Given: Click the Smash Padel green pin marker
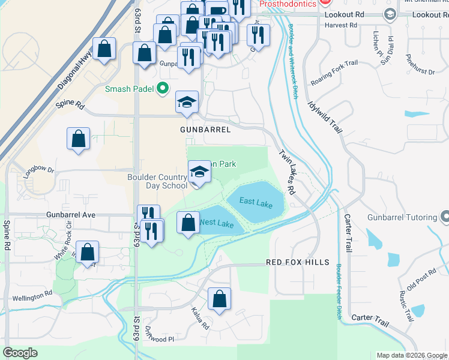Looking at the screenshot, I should point(162,89).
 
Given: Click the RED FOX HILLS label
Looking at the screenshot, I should point(298,262).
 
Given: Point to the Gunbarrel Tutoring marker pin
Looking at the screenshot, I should point(444,215).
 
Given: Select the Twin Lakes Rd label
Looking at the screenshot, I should point(286,172).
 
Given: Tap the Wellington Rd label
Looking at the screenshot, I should point(31,296).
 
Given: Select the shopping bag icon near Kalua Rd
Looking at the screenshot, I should point(220,299).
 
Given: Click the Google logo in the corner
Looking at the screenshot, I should point(21,352).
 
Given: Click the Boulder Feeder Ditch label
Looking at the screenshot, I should point(339,290).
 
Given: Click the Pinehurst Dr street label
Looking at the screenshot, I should point(420,64).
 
